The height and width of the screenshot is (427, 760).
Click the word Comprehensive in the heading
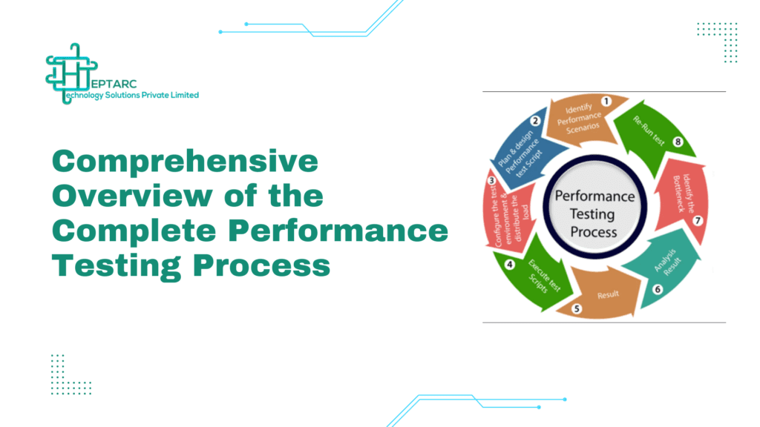point(184,161)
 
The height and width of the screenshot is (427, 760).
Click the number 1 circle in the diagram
point(605,102)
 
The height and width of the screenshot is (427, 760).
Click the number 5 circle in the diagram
point(577,308)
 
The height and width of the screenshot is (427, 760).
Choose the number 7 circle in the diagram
point(697,220)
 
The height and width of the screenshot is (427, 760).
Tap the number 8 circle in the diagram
point(676,143)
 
